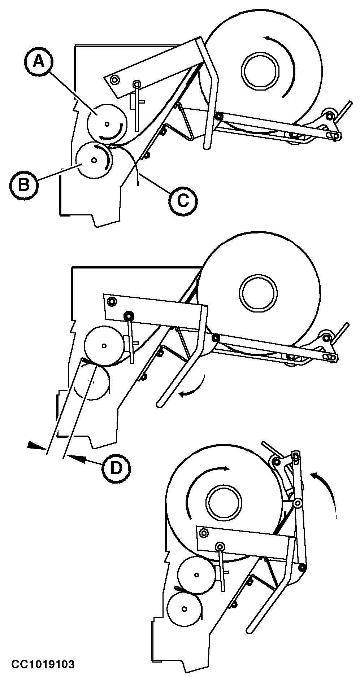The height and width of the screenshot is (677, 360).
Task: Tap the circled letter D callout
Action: (x=116, y=468)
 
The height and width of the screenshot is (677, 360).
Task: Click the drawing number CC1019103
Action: (x=43, y=663)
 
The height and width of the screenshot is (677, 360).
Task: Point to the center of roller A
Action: (x=107, y=124)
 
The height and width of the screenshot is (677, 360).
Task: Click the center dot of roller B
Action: (x=94, y=159)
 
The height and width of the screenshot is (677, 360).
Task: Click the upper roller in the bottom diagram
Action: (x=196, y=574)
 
